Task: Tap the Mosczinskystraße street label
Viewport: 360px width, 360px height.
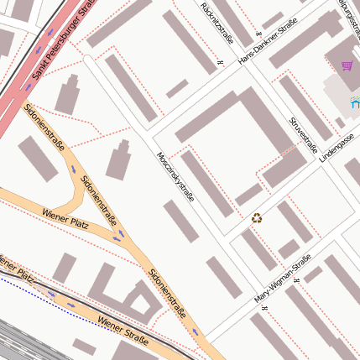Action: coord(175,176)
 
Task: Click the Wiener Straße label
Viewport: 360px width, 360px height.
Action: coord(123,331)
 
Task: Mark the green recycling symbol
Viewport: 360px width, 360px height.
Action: coord(257,218)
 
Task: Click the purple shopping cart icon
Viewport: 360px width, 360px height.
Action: coord(347,65)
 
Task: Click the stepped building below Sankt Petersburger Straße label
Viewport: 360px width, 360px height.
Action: coord(67,95)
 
